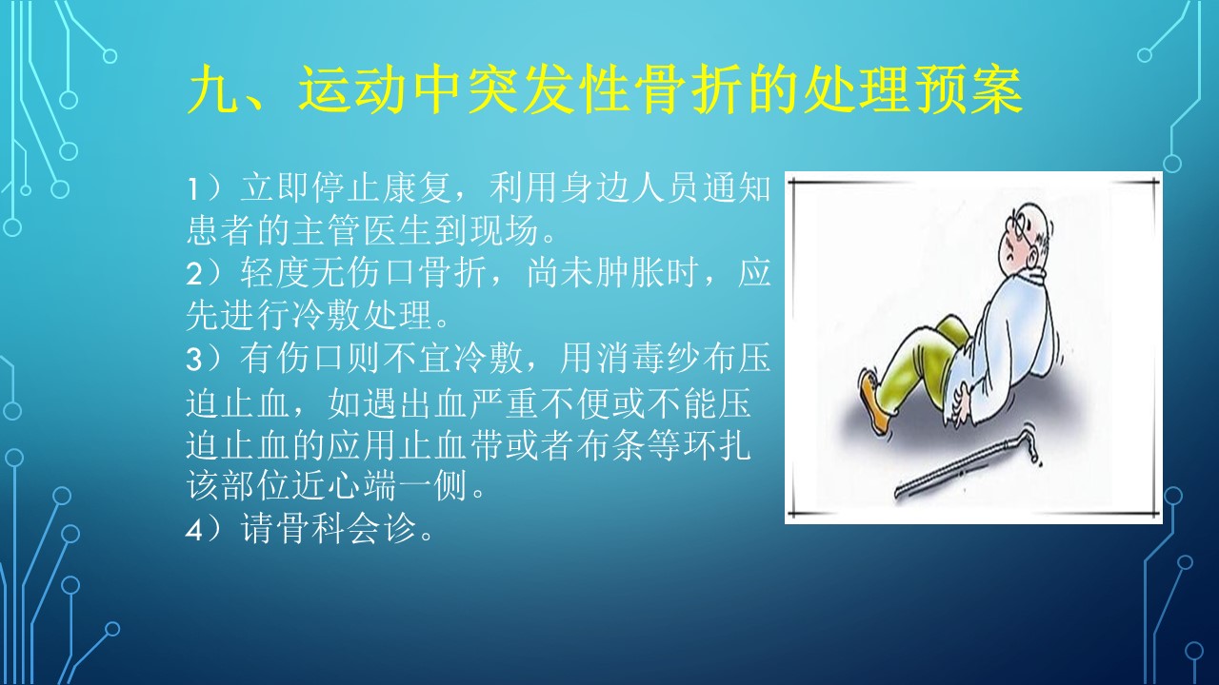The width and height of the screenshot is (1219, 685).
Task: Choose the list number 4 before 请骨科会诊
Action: coord(194,531)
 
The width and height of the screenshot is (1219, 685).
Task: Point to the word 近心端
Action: coord(345,485)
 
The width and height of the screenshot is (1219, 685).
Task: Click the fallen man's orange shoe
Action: coord(875,402)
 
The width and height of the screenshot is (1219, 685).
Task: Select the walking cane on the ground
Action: coord(967,463)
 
